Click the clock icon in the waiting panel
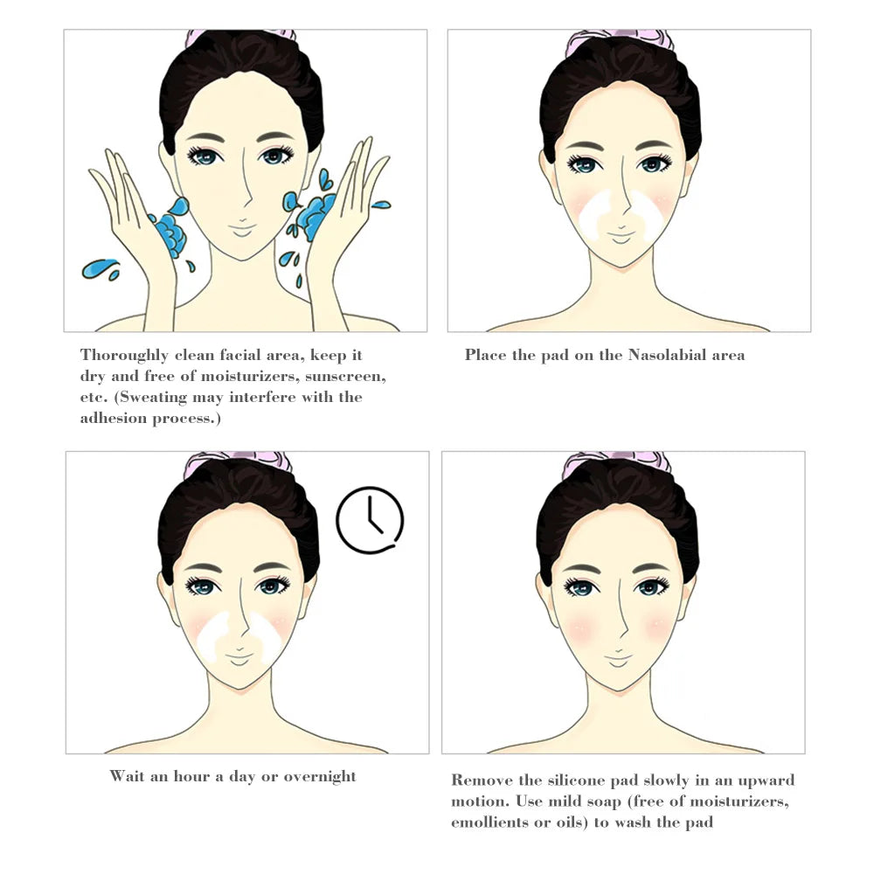pos(370,520)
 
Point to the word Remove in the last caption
pos(481,780)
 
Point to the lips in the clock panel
pos(239,654)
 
